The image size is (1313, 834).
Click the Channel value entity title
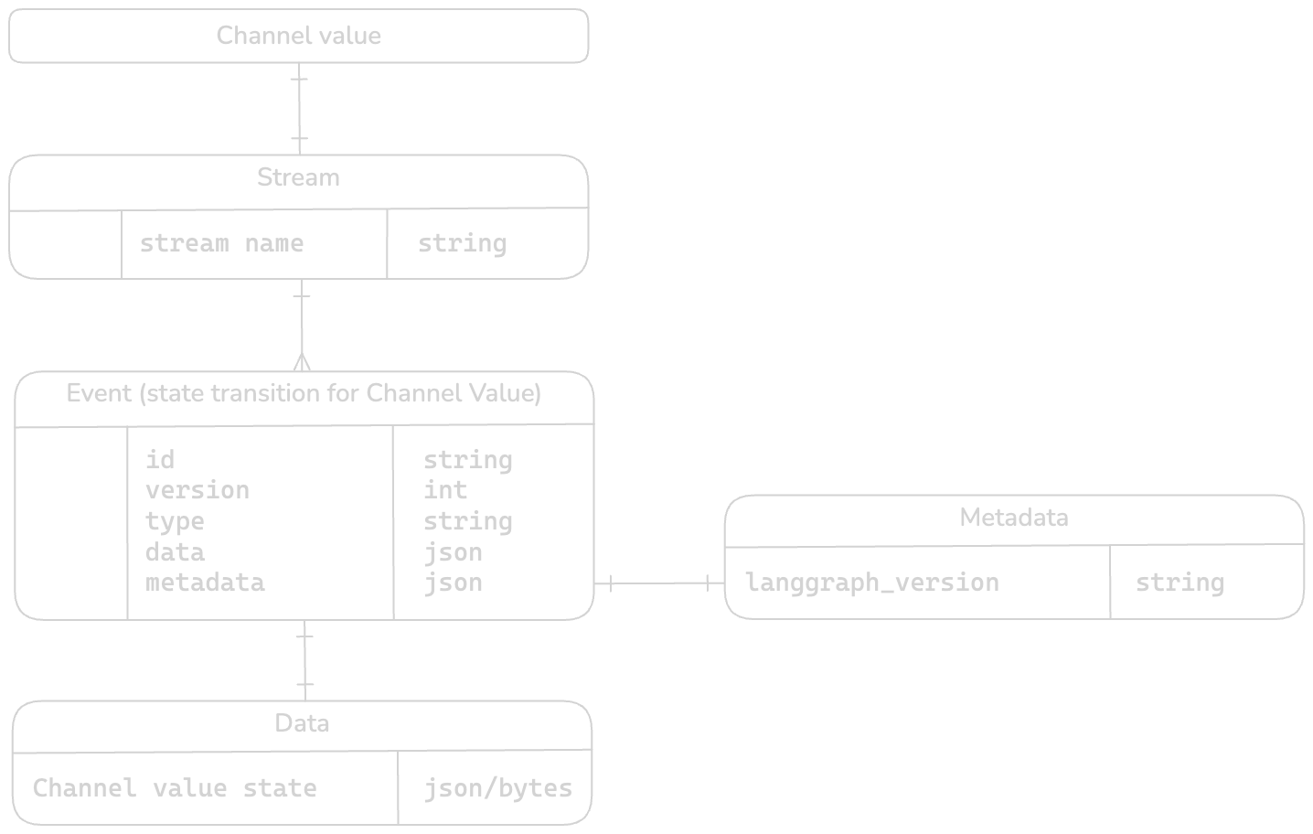point(298,36)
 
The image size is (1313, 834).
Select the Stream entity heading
point(298,177)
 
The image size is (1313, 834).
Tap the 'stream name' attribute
point(221,243)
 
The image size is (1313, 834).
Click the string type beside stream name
point(462,243)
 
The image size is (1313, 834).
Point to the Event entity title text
point(304,393)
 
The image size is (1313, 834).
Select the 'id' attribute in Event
point(160,459)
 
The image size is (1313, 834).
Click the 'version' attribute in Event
point(197,490)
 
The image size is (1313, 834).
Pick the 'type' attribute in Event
point(175,521)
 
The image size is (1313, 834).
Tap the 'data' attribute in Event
point(175,552)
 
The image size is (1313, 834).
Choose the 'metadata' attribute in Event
point(205,583)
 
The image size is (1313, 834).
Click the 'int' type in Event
point(444,490)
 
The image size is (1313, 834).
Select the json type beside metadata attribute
point(453,583)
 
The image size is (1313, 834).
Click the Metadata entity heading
point(1013,518)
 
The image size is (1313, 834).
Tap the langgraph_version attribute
point(872,583)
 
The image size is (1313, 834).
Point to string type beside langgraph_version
point(1180,583)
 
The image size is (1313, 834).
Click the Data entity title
point(302,723)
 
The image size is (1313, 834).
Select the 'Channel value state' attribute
point(175,788)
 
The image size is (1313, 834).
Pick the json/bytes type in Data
point(497,788)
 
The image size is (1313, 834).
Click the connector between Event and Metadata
point(659,583)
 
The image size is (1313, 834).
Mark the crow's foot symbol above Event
point(303,361)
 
